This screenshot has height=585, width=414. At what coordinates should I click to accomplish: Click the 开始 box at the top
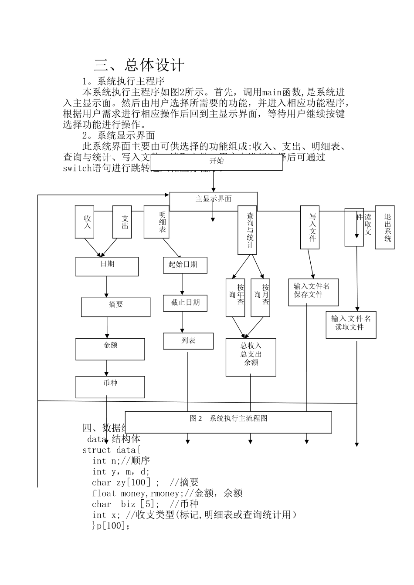coord(217,162)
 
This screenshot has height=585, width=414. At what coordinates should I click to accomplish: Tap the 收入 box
coord(85,222)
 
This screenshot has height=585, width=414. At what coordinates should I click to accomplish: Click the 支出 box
coord(122,222)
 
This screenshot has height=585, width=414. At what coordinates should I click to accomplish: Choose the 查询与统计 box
coord(247,230)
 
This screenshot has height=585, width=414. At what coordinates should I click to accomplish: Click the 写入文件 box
coord(309,227)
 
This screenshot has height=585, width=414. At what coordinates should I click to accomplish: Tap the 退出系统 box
coord(385,227)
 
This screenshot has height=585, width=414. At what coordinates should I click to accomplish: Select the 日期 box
coord(107,266)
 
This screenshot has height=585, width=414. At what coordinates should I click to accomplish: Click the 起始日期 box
coord(185,265)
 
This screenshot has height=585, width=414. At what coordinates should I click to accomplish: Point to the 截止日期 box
coord(185,303)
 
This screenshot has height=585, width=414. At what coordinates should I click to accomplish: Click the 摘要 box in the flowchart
coord(115,307)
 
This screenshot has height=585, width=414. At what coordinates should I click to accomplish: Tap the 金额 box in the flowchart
coord(110,349)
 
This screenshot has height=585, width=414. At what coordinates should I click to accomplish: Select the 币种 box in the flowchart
coord(110,387)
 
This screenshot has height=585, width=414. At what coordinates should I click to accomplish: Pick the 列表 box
coord(188,341)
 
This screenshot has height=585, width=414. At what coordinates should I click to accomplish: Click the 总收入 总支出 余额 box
coord(251,357)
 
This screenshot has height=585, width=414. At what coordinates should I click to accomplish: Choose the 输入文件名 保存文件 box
coord(313,292)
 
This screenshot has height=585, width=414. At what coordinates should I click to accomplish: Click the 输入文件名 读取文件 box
coord(351,325)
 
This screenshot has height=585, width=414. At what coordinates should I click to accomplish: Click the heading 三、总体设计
coord(139,65)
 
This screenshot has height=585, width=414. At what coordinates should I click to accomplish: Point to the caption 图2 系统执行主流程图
coord(228,422)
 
